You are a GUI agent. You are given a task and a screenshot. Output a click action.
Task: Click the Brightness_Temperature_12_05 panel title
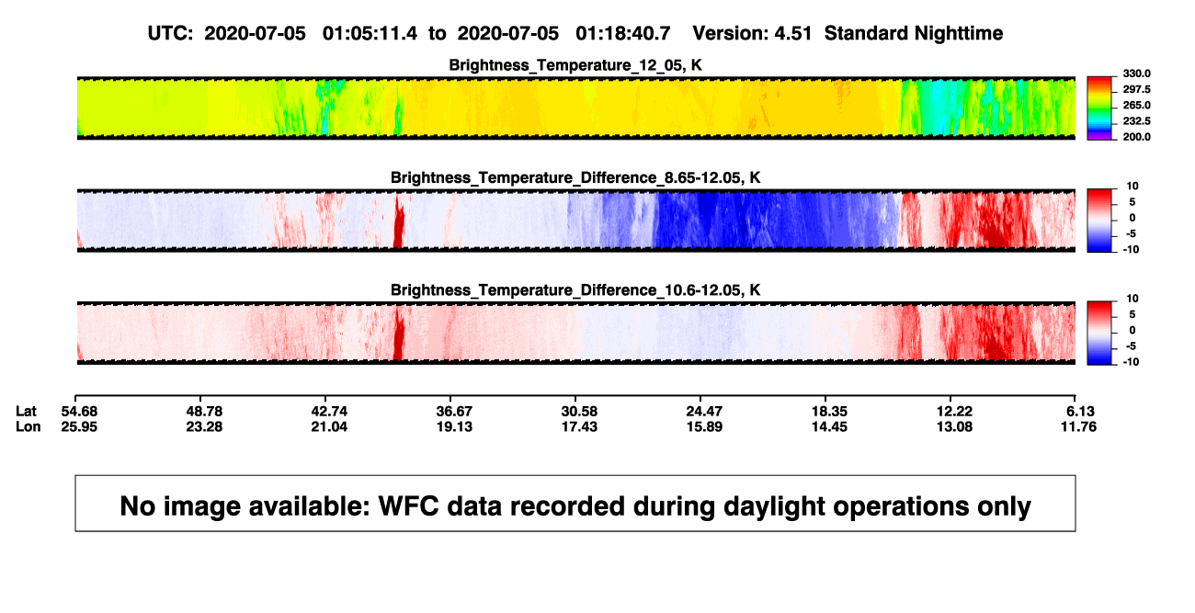coord(575,65)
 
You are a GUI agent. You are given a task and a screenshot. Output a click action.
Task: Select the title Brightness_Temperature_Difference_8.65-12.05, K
coord(575,177)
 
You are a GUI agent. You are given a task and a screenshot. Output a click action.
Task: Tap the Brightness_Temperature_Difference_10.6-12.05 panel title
coord(575,290)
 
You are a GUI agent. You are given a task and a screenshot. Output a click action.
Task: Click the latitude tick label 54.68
coord(79,412)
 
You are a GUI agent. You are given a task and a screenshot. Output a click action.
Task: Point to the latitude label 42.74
coord(329,412)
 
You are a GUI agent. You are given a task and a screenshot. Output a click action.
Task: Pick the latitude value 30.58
coord(579,412)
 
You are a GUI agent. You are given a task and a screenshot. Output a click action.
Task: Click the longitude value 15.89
coord(704,426)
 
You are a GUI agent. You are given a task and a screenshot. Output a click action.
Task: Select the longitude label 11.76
coord(1078,426)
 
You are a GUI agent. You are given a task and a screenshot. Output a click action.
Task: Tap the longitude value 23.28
coord(204,426)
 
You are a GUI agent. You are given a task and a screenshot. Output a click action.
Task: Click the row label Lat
coord(26,412)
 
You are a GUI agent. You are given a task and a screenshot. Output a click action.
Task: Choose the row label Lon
coord(28,426)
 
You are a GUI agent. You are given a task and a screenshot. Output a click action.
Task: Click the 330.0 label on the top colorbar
coord(1136,74)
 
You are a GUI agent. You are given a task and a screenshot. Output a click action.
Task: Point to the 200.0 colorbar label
coord(1136,137)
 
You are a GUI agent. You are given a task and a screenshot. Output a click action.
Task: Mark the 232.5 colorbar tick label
coord(1136,121)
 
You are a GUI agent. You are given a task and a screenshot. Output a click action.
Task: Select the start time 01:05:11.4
coord(370,34)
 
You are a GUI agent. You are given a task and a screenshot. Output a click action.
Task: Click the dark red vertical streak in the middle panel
coord(399,221)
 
